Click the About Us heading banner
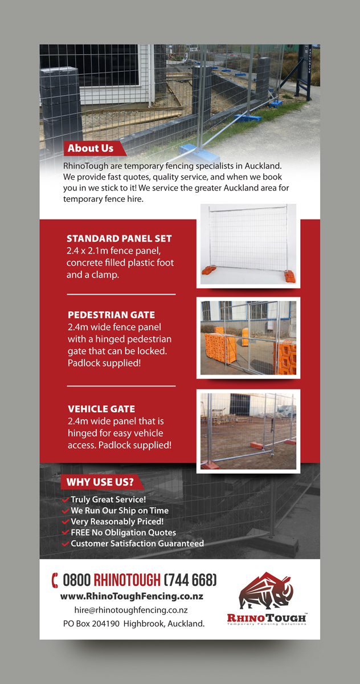91,149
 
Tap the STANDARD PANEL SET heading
119,239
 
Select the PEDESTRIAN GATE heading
111,315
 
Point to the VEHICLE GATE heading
101,409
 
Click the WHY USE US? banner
100,482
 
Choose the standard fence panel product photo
249,245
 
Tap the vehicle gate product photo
248,431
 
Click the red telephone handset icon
55,580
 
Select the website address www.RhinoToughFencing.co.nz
132,596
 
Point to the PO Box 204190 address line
134,624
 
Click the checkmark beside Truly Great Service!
66,500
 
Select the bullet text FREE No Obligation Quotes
123,532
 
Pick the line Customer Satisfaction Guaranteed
137,543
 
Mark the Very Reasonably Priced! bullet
117,522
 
